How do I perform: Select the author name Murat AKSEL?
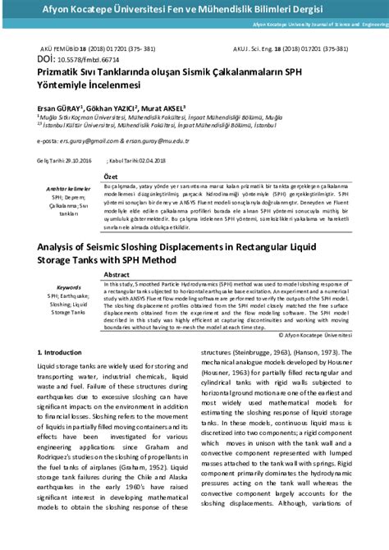(x=164, y=108)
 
